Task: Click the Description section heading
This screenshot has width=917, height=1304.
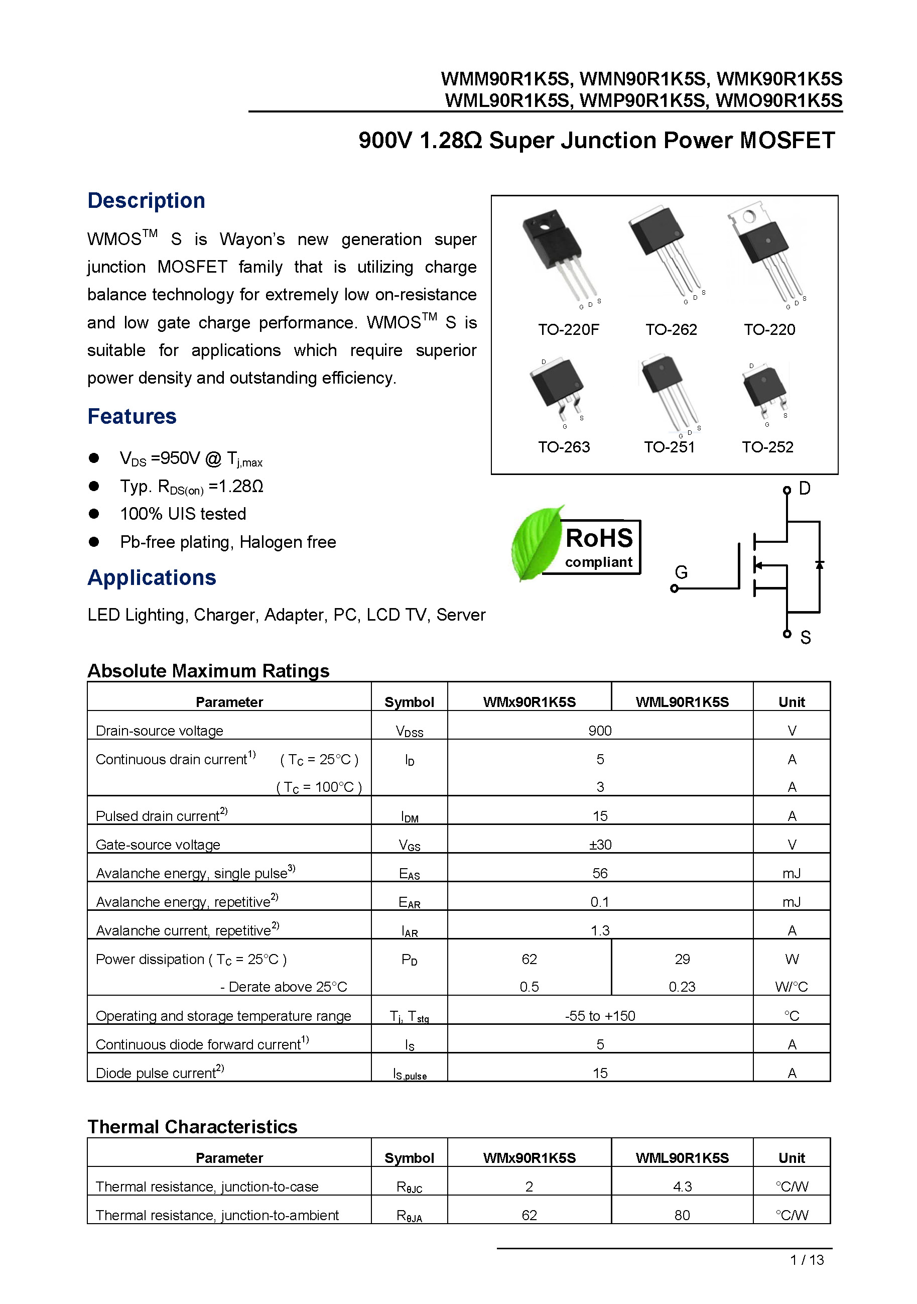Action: coord(146,200)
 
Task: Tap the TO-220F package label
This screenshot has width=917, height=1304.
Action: coord(568,329)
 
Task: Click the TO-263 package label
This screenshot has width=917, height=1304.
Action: coord(563,447)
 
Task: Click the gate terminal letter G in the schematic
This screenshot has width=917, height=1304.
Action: coord(681,572)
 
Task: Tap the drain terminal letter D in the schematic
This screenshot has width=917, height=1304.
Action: coord(804,489)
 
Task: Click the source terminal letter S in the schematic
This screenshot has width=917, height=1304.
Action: coord(805,638)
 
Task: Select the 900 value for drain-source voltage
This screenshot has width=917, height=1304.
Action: coord(600,731)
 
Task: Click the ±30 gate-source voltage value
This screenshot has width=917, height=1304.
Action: coord(600,845)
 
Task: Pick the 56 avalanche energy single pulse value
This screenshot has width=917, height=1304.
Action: coord(600,873)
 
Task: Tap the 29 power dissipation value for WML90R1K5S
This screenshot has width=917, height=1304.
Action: coord(682,959)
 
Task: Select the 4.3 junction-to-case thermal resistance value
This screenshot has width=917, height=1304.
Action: coord(682,1187)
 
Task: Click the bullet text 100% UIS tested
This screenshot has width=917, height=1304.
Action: coord(183,514)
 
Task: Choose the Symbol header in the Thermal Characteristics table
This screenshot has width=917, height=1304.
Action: coord(409,1157)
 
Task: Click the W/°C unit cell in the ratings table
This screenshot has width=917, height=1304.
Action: coord(791,987)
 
